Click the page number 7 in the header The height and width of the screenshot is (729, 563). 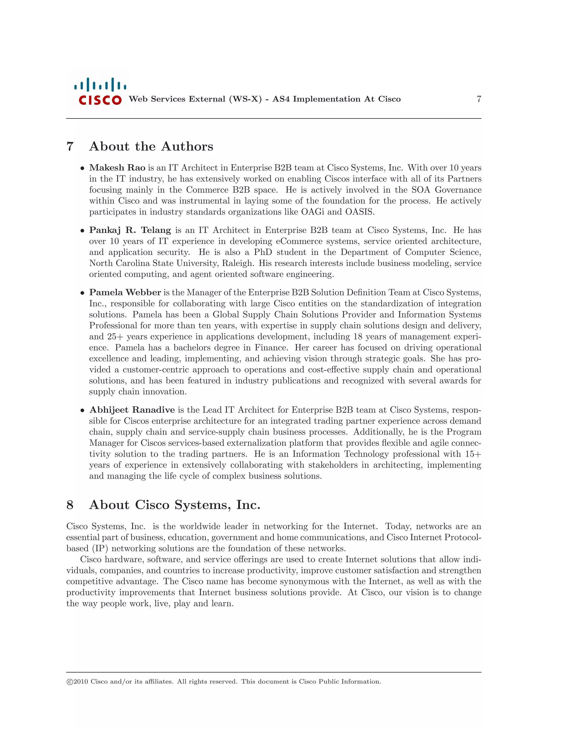point(479,99)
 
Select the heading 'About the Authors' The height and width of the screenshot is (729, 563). point(151,147)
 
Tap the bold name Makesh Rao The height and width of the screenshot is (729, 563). point(117,168)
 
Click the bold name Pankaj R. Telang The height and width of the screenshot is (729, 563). point(130,230)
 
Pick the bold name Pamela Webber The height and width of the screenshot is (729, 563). point(125,292)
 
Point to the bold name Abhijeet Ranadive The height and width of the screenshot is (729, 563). point(132,410)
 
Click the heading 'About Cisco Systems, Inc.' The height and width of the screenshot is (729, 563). point(175,505)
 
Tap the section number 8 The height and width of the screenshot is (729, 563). point(70,505)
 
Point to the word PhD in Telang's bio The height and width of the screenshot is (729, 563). point(263,252)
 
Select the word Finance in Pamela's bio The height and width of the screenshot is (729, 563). point(271,347)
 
